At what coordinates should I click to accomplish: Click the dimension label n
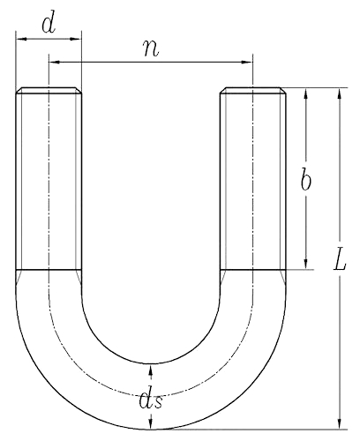[152, 48]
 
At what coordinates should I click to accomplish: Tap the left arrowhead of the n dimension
[53, 62]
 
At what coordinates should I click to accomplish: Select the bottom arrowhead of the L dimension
[339, 425]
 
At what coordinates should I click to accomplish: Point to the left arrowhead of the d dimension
[19, 39]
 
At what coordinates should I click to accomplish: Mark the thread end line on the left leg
[49, 270]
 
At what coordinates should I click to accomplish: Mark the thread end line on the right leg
[252, 270]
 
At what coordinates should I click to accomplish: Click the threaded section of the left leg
[49, 181]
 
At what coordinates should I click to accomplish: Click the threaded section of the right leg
[252, 181]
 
